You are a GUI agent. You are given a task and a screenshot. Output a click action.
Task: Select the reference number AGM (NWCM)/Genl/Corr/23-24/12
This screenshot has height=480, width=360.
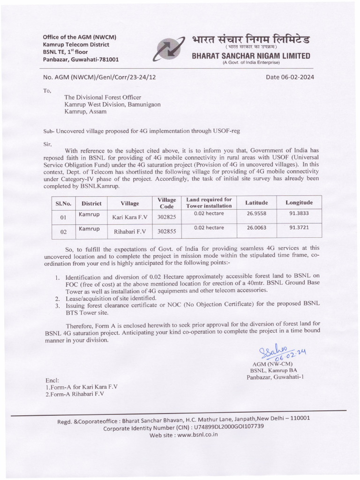99,77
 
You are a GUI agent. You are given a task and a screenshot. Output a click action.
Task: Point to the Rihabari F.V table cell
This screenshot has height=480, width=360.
130,231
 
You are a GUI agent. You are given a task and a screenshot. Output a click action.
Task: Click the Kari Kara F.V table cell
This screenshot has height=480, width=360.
130,217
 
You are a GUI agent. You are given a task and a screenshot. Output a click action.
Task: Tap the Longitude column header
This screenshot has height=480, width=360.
299,202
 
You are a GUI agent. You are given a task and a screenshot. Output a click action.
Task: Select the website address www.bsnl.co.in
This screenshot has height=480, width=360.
193,435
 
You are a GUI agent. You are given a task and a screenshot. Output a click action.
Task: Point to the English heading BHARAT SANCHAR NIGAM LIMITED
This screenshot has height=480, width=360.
251,56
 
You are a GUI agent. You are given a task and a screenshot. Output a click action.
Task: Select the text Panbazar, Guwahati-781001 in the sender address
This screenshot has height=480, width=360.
81,60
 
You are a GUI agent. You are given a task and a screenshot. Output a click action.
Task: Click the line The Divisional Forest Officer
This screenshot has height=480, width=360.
103,97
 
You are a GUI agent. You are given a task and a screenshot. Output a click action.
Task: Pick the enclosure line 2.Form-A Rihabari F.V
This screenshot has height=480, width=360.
75,394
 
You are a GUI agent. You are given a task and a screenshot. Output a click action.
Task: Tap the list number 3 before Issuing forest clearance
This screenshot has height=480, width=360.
57,304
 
